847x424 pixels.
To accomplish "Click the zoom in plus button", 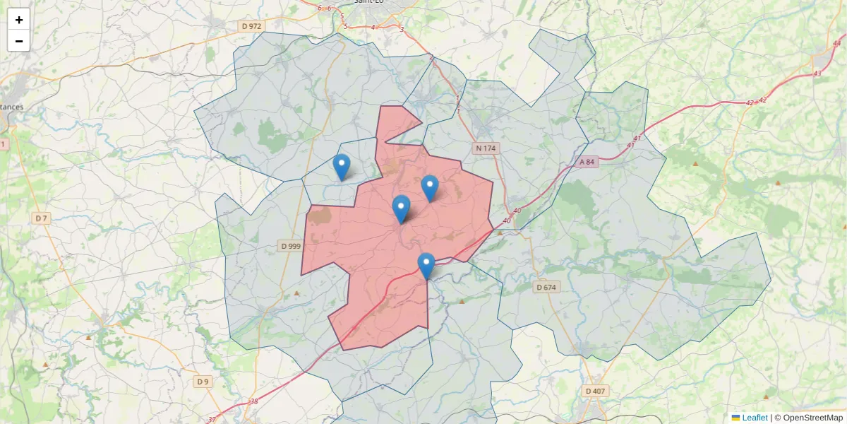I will point(19,20).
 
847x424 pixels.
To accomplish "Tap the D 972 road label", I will point(251,26).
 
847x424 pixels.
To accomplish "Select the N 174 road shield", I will point(486,148).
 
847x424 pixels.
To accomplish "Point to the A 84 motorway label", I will point(587,162).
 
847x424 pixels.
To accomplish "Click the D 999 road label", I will point(290,246).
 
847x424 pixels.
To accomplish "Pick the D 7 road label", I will point(42,218).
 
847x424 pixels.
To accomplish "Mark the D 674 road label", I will point(546,287).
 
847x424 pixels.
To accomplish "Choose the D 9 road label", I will point(203,382).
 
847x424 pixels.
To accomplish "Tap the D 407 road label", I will point(596,391).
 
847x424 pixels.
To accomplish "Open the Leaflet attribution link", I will point(755,418).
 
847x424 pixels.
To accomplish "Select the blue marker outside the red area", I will point(342,167).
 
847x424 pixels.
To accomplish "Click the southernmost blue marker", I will point(426,266).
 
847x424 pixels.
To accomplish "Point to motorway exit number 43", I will point(817,73).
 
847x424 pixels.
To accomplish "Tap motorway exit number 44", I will point(836,43).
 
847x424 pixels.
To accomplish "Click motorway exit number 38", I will point(254,401).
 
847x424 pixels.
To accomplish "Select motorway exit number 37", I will point(212,419).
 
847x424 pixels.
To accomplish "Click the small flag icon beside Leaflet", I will point(736,418).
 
